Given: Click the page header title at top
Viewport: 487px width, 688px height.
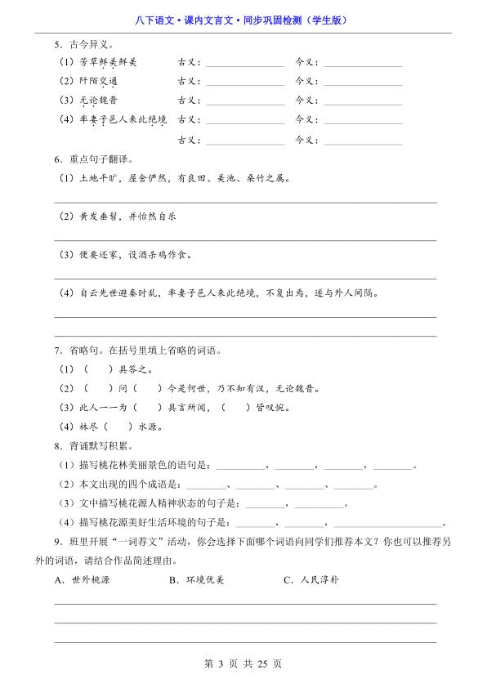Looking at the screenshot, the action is [243, 20].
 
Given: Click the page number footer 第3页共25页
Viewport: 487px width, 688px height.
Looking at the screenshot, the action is [243, 663].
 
